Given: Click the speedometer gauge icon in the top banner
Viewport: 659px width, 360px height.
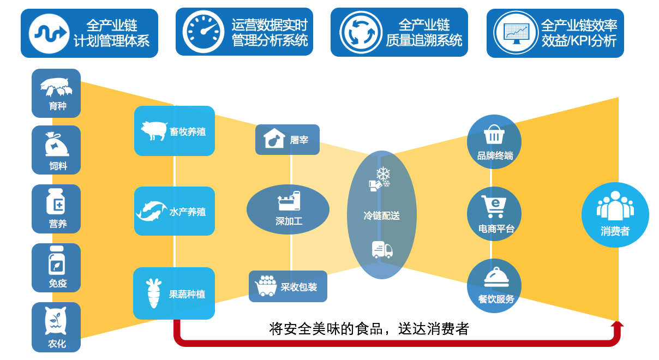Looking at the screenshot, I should point(203,32).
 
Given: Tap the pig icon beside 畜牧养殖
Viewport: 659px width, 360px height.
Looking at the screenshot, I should point(154,131).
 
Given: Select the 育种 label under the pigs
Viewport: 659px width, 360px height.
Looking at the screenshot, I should point(57,106).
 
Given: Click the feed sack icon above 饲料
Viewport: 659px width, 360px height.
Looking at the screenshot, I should point(56,144).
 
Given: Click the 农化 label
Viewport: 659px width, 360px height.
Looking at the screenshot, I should point(57,344).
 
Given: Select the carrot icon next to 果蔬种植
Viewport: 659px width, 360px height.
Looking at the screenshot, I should point(152,293).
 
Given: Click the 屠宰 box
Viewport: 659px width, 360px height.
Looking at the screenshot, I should point(287,140).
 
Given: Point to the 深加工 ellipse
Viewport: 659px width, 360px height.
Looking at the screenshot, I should point(288,209).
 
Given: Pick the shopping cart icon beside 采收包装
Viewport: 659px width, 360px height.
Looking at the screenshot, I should point(266,286).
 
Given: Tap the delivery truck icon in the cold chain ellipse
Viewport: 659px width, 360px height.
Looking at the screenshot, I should point(382,249).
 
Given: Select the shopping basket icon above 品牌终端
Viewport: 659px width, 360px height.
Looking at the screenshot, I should point(494,134).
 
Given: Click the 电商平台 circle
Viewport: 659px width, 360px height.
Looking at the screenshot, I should point(494,214).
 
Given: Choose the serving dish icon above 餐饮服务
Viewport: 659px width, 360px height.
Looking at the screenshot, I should point(496,277).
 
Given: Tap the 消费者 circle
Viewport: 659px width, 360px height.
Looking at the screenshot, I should point(615,215).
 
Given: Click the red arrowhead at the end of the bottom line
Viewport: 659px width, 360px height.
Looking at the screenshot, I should point(617,326).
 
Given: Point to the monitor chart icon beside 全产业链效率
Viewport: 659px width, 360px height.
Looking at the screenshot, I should point(516,32).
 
